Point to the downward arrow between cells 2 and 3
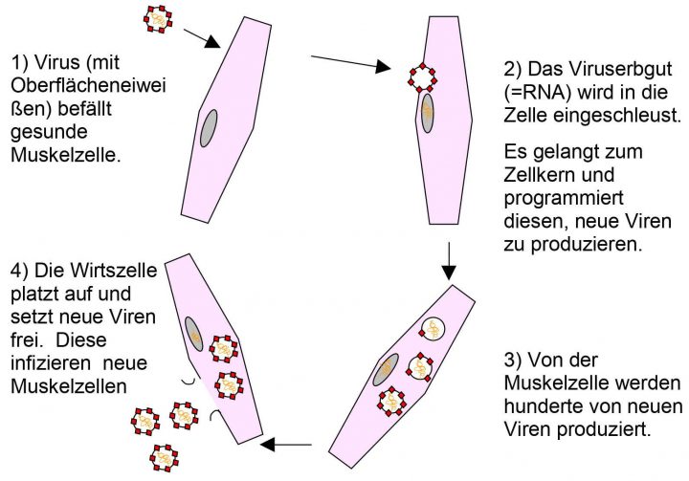pyautogui.click(x=448, y=256)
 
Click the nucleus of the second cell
pyautogui.click(x=427, y=112)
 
